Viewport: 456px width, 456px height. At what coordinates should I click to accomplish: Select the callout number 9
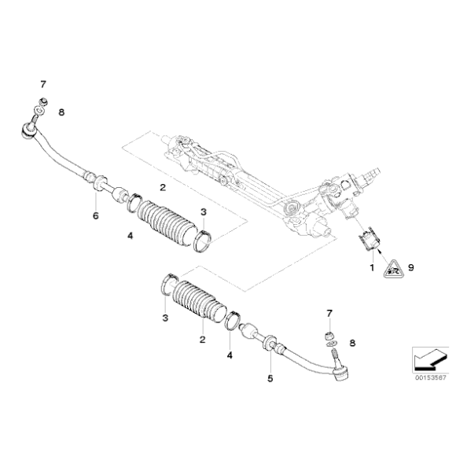pos(411,267)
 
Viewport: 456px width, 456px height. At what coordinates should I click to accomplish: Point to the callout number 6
pos(95,215)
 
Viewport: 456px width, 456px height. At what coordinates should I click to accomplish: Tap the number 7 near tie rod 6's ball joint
pos(43,83)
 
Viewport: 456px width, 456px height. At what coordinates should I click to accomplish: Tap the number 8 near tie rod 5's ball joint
pos(352,343)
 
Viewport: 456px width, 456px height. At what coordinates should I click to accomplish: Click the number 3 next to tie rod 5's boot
pos(165,318)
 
